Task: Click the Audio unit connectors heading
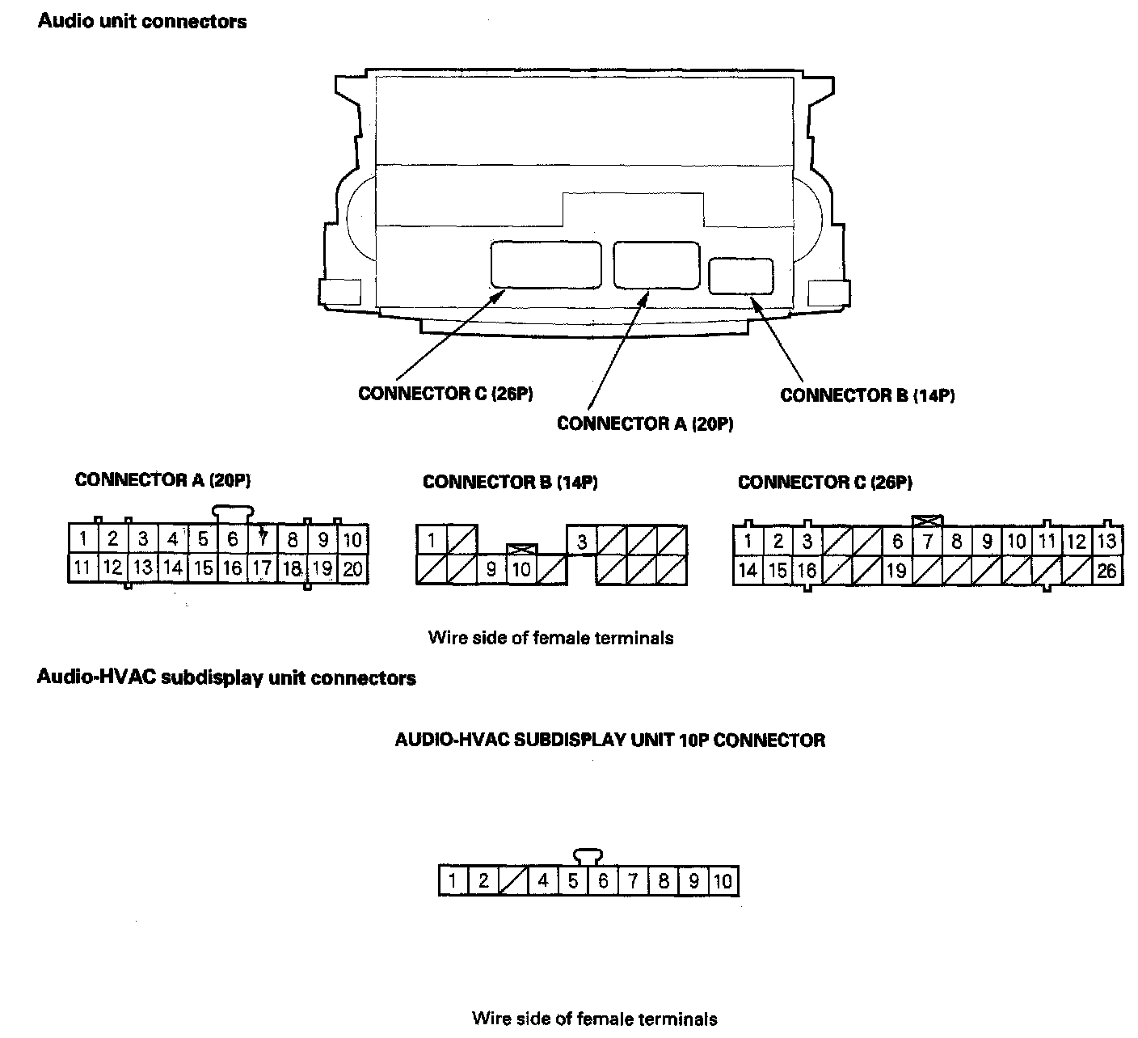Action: coord(142,21)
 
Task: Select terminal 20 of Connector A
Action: coord(352,568)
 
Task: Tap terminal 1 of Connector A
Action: coord(83,538)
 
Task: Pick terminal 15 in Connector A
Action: coord(203,568)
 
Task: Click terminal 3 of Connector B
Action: coord(582,541)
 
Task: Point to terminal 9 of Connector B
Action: coord(491,570)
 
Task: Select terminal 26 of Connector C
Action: coord(1106,571)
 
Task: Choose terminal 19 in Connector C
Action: coord(896,571)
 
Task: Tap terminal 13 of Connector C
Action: coord(1106,541)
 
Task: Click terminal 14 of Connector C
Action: coord(748,571)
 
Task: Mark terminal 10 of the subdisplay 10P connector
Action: coord(723,880)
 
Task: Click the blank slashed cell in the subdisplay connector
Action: coord(513,880)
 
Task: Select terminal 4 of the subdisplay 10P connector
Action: coord(543,880)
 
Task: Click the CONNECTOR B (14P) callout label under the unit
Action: coord(867,395)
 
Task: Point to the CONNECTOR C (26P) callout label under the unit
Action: coord(445,394)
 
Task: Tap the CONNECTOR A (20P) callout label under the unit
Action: coord(645,424)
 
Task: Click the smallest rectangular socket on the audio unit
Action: coord(740,276)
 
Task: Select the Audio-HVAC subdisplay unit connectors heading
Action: coord(226,677)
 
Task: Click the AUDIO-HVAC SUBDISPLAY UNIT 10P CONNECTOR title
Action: coord(609,740)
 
